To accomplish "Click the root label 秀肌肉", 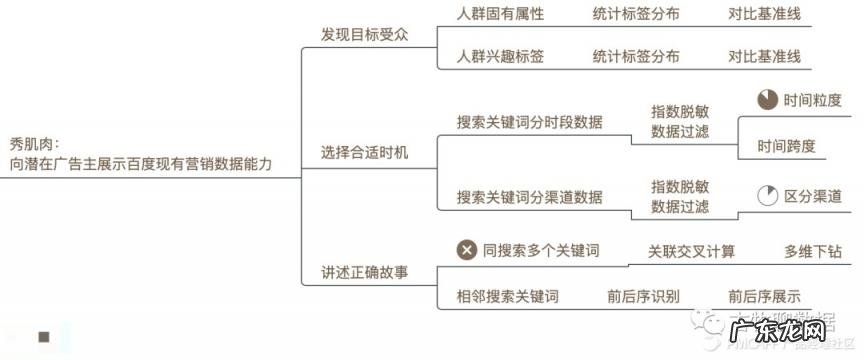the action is pos(35,143).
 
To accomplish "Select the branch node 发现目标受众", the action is pos(364,34).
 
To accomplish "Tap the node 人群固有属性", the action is pos(500,15).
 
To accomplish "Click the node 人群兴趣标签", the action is pos(500,56).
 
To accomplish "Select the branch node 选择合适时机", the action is pos(364,153).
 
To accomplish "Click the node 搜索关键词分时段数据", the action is pos(529,122).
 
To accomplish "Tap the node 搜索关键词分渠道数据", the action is pos(529,197).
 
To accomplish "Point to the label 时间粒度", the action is pos(812,100).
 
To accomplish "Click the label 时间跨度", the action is pos(785,146).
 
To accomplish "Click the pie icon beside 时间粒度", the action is pos(767,100).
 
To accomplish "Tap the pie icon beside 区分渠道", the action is pos(767,196).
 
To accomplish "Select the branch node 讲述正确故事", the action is pos(364,272).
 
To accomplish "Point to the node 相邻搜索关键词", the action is pos(507,296).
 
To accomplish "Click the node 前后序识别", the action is pos(643,296).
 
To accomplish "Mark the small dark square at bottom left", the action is pos(44,338).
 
